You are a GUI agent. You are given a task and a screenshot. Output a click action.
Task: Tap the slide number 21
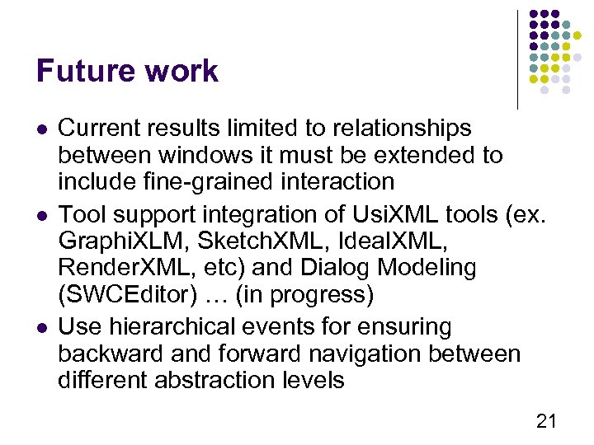[546, 422]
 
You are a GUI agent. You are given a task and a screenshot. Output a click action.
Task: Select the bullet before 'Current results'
[41, 129]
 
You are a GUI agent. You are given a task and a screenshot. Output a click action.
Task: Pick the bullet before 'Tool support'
[41, 216]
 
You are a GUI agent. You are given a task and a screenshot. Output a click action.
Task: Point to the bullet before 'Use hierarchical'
[41, 328]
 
